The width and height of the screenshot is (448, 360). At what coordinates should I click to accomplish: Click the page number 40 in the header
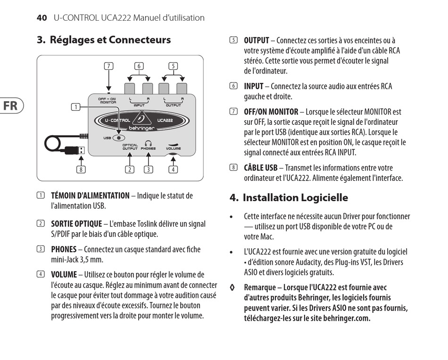tap(41, 18)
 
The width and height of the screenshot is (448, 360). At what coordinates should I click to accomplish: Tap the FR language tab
tap(10, 106)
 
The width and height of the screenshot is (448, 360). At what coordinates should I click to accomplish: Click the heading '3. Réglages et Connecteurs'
tap(104, 40)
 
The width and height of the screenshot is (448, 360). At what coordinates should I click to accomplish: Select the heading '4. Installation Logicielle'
tap(289, 197)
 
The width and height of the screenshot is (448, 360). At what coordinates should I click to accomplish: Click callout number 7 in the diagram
tap(108, 66)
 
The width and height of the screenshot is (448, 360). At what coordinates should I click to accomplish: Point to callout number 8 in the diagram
tap(82, 170)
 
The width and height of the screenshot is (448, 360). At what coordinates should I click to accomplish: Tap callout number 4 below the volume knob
tap(174, 170)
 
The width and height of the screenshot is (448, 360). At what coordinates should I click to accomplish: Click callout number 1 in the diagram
tap(75, 107)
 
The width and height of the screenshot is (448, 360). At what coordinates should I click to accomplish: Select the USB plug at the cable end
tap(77, 150)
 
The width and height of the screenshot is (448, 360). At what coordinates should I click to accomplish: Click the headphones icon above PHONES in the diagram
tap(148, 143)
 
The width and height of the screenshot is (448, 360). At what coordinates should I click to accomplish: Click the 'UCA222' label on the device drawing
tap(165, 120)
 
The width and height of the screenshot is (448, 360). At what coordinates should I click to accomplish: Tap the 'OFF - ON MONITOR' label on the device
tap(108, 100)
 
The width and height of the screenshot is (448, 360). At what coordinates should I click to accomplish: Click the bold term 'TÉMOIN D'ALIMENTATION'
tap(90, 196)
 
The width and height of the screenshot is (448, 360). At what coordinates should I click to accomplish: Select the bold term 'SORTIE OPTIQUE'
tap(76, 224)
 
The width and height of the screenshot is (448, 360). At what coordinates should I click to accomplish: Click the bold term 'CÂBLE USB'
tap(260, 168)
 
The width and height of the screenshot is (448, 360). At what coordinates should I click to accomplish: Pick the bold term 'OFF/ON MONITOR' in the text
tap(271, 112)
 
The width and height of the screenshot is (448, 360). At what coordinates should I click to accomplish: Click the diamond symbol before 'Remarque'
tap(232, 287)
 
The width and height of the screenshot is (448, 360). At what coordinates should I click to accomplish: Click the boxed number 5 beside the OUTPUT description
tap(233, 41)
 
